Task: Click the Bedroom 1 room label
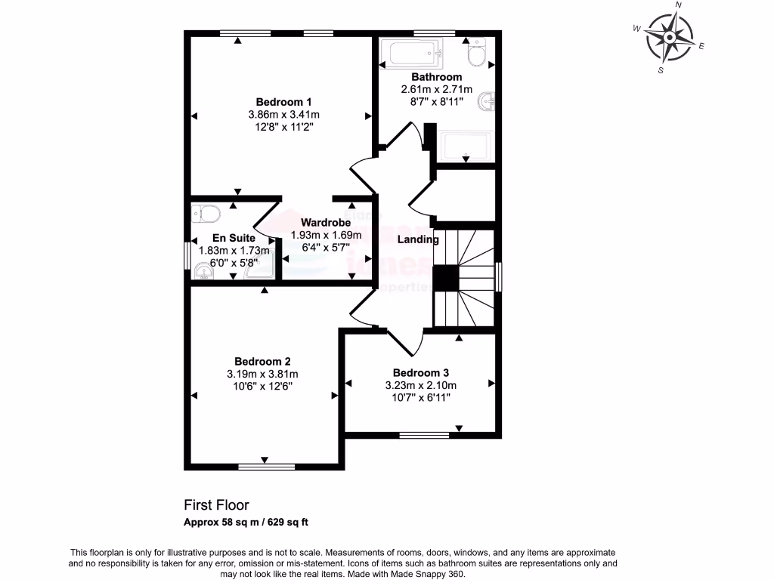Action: (x=283, y=102)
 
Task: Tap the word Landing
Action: (x=418, y=239)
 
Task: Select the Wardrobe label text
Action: (x=325, y=223)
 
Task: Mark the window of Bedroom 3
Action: (x=423, y=434)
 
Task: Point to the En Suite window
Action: (x=187, y=255)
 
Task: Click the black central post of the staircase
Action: (x=446, y=278)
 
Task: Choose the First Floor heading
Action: (x=216, y=504)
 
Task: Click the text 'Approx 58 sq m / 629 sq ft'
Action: (x=246, y=522)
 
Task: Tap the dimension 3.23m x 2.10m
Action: (x=421, y=385)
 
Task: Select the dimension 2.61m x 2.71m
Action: (x=436, y=89)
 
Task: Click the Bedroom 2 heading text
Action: (x=262, y=361)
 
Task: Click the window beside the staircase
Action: (x=499, y=276)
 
